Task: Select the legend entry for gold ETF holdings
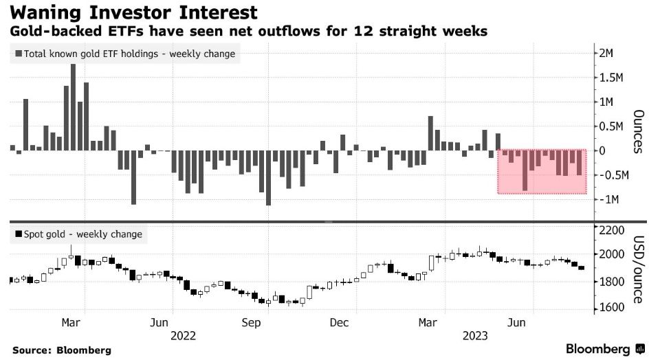[124, 54]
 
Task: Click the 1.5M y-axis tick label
[610, 78]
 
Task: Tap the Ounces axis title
[638, 131]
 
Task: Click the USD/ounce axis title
[638, 268]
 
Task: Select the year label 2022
[183, 335]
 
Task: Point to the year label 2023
[475, 335]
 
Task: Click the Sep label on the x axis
[250, 322]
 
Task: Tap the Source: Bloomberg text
[61, 350]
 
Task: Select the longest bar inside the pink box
[525, 170]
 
